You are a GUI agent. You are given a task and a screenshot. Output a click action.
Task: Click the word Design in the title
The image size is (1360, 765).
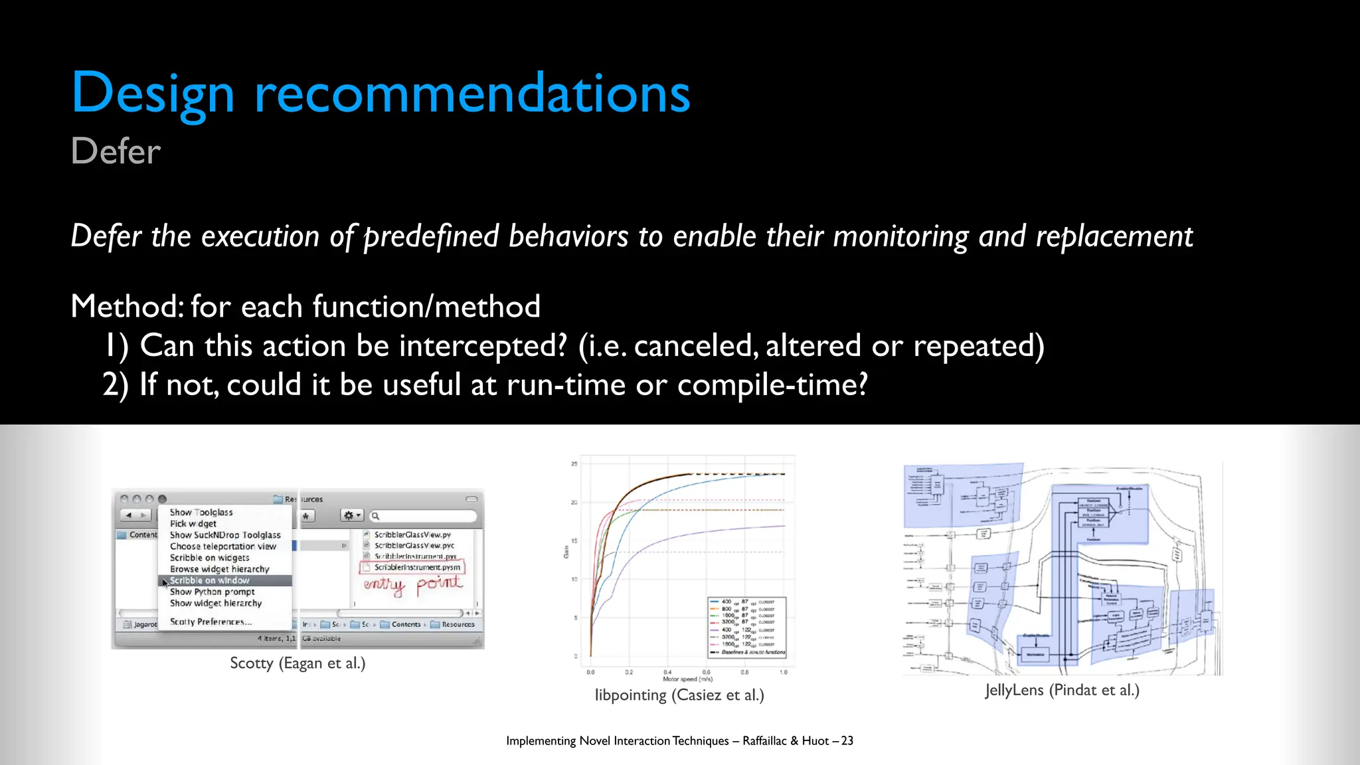click(x=153, y=93)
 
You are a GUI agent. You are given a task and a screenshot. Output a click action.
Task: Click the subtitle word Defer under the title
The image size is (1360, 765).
click(x=116, y=151)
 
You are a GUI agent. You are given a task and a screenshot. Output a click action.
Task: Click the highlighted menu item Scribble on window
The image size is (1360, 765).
click(x=210, y=580)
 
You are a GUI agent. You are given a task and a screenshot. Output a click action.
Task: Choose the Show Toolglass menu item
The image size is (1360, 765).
click(x=201, y=513)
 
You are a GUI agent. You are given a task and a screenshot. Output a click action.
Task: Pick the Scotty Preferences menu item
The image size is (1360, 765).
click(x=211, y=622)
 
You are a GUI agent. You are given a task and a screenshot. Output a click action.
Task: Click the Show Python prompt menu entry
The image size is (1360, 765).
click(x=212, y=592)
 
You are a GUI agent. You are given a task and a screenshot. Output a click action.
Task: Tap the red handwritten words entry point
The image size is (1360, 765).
click(x=412, y=584)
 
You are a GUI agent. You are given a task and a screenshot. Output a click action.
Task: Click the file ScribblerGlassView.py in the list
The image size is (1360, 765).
click(x=412, y=535)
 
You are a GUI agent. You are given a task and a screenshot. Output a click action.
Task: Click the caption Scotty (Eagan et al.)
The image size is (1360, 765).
click(x=297, y=663)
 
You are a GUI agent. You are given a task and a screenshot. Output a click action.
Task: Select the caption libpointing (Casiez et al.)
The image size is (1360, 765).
click(x=679, y=695)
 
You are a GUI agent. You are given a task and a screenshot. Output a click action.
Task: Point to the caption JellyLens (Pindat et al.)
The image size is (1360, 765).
click(x=1062, y=690)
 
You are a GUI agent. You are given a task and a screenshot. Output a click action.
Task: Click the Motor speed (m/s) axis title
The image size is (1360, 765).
click(x=687, y=679)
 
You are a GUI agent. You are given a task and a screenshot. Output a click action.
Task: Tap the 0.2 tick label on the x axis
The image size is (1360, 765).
click(x=629, y=672)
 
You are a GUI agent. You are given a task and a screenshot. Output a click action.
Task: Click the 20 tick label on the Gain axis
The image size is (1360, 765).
click(x=574, y=503)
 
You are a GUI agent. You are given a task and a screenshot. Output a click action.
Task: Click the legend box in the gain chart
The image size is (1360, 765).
click(x=747, y=627)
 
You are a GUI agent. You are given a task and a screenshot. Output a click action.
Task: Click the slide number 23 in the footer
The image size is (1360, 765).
click(x=847, y=740)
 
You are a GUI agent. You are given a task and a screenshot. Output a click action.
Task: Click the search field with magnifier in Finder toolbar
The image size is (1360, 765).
click(x=424, y=516)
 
